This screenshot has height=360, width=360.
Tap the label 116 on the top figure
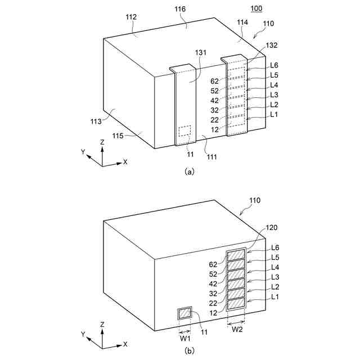[x=180, y=10]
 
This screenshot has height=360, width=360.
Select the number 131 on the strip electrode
[x=201, y=52]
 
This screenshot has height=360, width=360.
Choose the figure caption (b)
[x=189, y=351]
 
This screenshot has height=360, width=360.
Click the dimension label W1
[x=184, y=338]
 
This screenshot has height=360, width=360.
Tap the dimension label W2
[x=237, y=329]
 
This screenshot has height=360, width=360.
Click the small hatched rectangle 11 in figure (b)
[x=184, y=313]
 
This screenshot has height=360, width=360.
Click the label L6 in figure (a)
[x=274, y=65]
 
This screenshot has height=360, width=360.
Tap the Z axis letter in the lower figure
[x=102, y=325]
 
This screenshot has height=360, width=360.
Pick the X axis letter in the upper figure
[x=125, y=161]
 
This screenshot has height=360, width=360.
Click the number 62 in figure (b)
[x=213, y=264]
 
